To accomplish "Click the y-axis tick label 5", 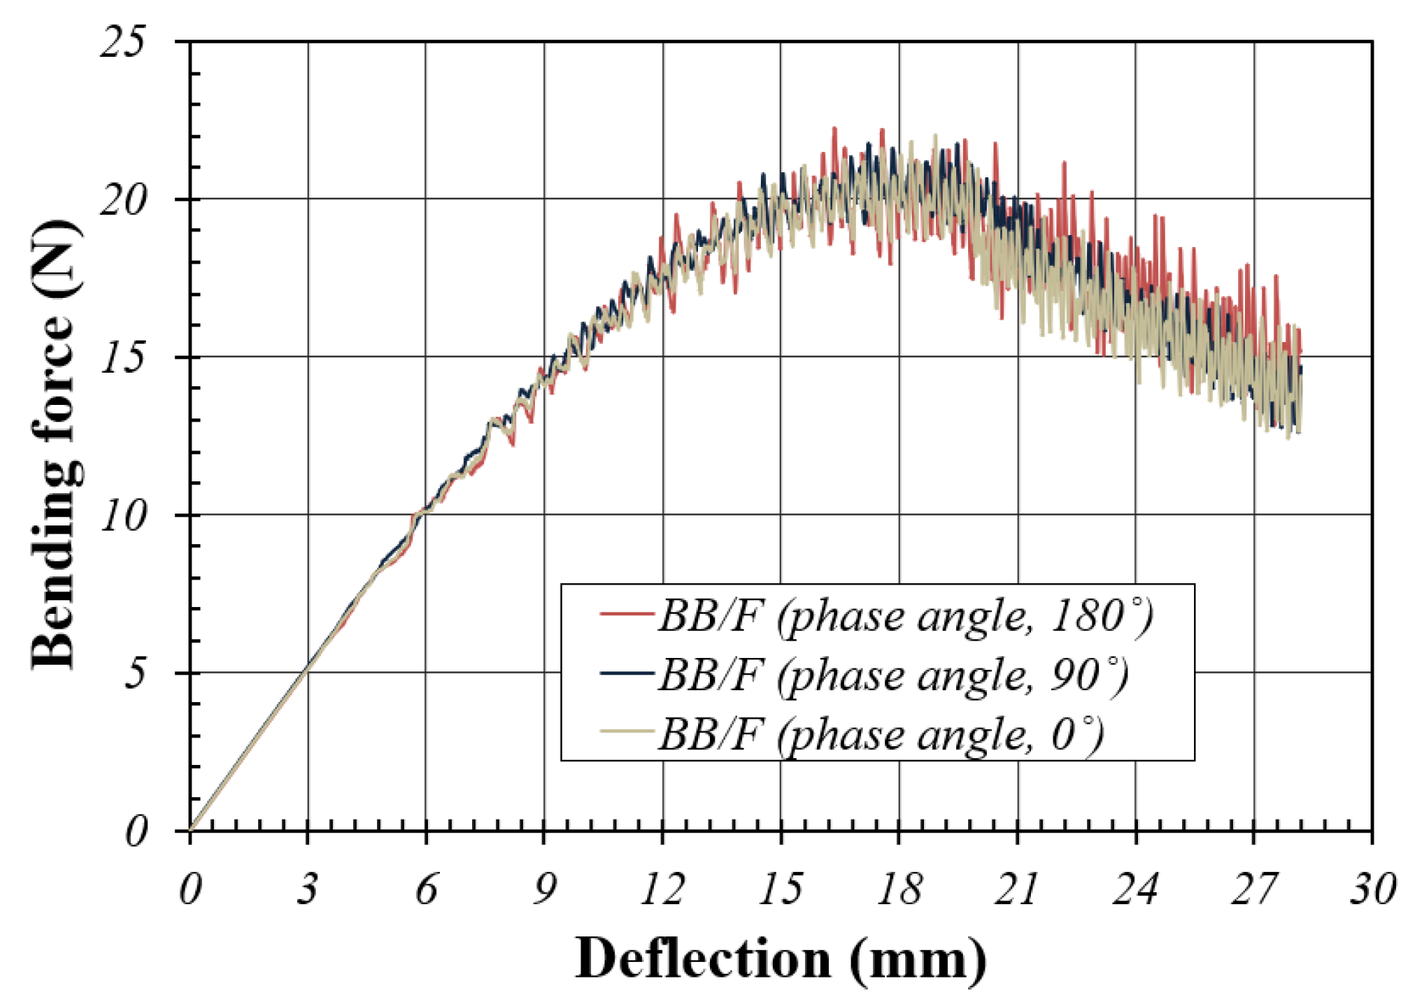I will point(135,674).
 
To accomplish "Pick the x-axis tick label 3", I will point(307,889).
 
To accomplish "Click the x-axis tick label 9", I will point(544,889).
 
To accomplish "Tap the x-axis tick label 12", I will point(662,889).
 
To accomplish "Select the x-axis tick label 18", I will point(899,889).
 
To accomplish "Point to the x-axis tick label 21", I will point(1017,889).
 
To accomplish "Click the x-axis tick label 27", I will point(1253,889).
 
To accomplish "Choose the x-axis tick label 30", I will point(1372,889).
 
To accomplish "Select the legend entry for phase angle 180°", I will point(905,617).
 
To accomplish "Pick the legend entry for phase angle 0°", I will point(881,735).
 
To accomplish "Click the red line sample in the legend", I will point(628,614).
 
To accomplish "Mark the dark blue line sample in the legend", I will point(628,673).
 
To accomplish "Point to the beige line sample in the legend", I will point(628,731).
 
